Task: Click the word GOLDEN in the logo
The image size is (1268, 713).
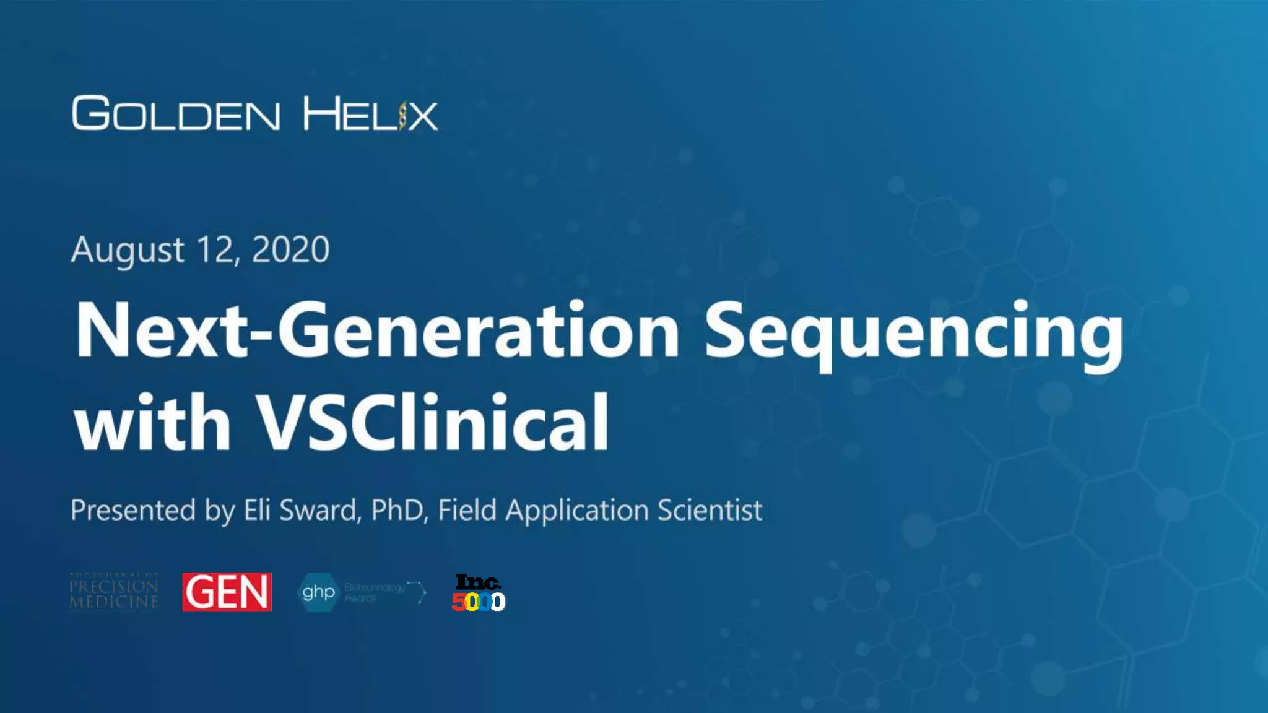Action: click(x=176, y=114)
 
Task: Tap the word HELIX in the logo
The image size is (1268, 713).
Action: click(x=370, y=114)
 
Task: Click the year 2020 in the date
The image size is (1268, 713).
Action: click(x=290, y=250)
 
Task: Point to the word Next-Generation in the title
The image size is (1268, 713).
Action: click(x=378, y=330)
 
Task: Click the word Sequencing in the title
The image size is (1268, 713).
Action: click(x=913, y=332)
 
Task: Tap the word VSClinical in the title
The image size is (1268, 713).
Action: click(x=433, y=422)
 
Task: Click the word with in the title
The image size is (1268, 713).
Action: click(x=152, y=422)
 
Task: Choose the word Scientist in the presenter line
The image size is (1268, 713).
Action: click(x=710, y=511)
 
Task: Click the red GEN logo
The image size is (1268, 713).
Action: click(x=227, y=592)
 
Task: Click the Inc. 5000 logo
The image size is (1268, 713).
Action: click(x=478, y=593)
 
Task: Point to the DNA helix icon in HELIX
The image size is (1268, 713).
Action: click(x=403, y=115)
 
